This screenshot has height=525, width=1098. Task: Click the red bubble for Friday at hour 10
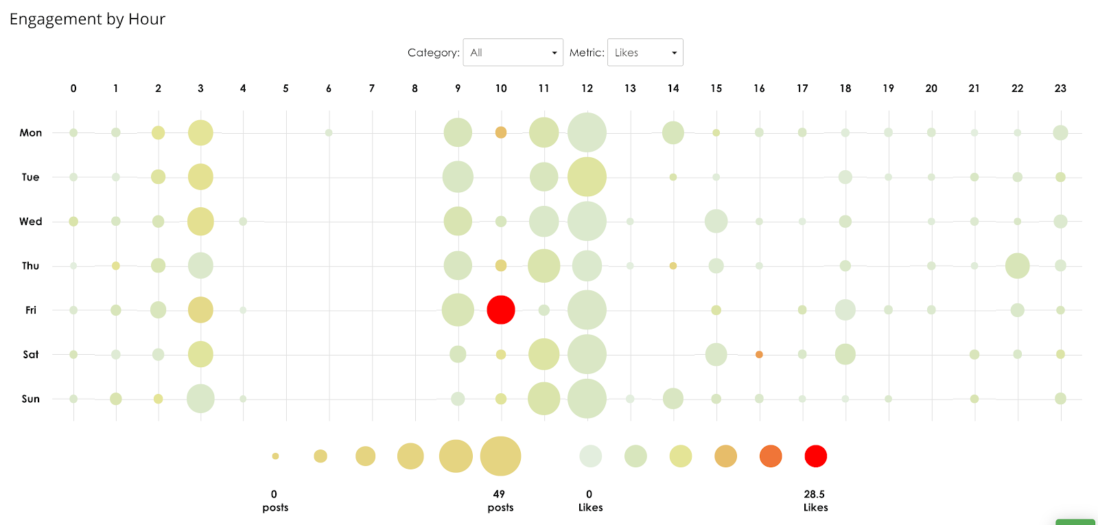(501, 310)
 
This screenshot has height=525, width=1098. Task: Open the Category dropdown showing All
(513, 53)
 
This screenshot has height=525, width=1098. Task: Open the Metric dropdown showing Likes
(645, 53)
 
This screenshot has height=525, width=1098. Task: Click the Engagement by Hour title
(87, 19)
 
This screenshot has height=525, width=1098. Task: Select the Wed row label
(31, 222)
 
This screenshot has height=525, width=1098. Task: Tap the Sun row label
(31, 399)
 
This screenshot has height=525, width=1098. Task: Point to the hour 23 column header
(1060, 89)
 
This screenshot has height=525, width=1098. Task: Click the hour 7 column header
(372, 89)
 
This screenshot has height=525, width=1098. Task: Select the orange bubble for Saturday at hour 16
(759, 355)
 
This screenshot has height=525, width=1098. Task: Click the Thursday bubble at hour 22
(1017, 266)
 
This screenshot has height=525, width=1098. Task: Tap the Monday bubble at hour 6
(329, 132)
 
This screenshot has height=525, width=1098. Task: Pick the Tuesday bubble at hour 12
(587, 177)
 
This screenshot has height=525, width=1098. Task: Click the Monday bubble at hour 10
(501, 132)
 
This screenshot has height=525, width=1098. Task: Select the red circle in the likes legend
(815, 456)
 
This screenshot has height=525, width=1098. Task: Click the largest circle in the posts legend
(500, 456)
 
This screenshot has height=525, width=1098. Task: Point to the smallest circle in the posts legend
(275, 456)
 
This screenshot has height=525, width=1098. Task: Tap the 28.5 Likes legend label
(815, 501)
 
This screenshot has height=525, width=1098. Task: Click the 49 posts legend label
(500, 501)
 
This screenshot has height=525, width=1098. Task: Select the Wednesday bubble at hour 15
(716, 221)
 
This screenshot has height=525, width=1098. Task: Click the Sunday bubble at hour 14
(673, 399)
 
